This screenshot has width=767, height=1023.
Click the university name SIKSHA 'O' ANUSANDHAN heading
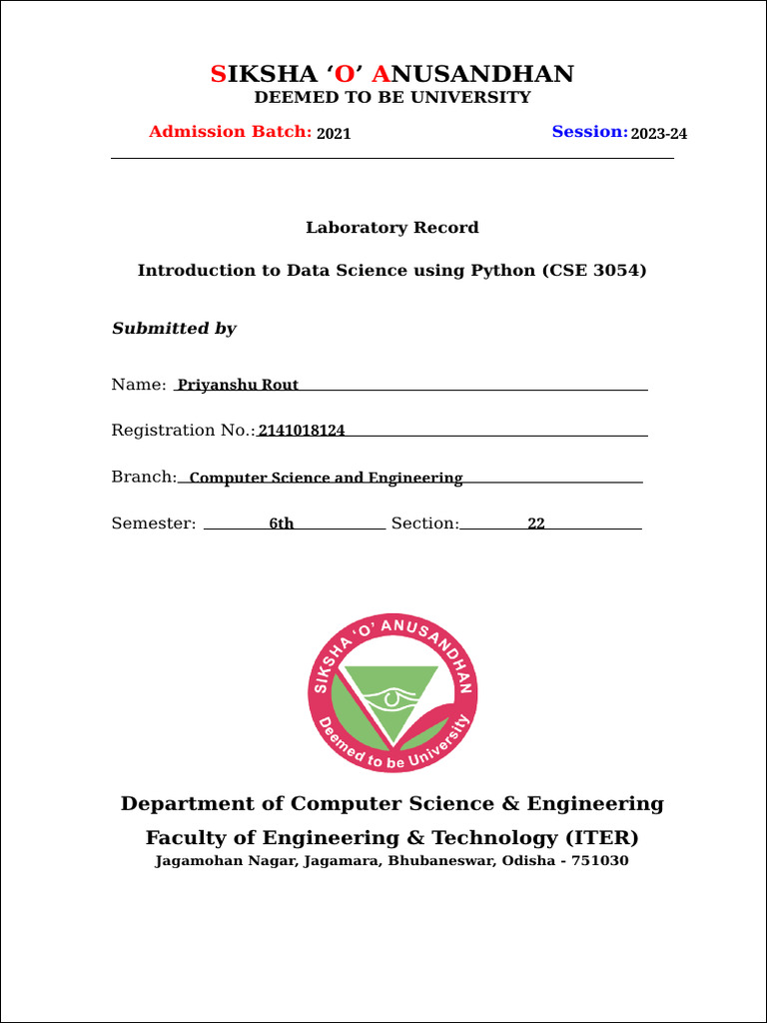tap(391, 74)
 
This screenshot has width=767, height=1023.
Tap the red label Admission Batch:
tap(230, 132)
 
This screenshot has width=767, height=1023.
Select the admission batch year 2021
tap(334, 134)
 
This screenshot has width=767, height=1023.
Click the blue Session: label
tap(589, 132)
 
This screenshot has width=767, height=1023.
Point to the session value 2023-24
tap(659, 134)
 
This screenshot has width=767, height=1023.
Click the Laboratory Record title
tap(391, 228)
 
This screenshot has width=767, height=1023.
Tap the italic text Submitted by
tap(174, 329)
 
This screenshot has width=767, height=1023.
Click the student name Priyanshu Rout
tap(238, 385)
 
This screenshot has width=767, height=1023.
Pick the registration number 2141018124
tap(302, 431)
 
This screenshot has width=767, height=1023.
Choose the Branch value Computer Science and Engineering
tap(326, 478)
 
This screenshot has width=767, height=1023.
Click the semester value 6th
tap(281, 523)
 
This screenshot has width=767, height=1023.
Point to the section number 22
tap(536, 523)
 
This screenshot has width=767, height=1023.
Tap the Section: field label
tap(424, 523)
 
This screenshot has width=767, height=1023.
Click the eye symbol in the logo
tap(391, 696)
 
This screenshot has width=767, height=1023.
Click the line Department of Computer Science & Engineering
tap(391, 804)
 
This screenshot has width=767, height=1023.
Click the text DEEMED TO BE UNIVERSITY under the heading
tap(391, 98)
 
